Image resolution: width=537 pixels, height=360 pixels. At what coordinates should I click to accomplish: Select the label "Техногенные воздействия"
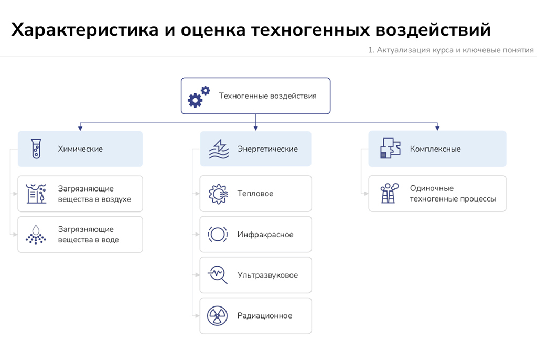point(267,96)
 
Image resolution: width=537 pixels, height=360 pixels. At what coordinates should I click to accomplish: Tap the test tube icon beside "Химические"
point(36,149)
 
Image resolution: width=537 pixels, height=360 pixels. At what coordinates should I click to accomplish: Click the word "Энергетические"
point(267,149)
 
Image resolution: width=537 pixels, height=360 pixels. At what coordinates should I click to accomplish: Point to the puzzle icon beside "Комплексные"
point(390,148)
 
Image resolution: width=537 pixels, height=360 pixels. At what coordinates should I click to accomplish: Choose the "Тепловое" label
point(255,193)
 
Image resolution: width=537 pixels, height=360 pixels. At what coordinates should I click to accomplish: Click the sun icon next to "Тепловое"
point(218,194)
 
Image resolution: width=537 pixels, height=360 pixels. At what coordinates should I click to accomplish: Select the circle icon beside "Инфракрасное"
point(218,234)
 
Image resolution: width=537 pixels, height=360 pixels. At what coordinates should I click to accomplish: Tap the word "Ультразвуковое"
point(267,275)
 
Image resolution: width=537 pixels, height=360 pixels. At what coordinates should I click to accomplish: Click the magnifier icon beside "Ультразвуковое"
point(218,275)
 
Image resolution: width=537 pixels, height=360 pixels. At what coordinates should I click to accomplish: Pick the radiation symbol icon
point(217,316)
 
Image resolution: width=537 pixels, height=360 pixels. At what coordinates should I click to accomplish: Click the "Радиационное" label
point(265,315)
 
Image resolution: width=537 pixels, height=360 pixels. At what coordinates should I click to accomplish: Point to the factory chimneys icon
point(390,193)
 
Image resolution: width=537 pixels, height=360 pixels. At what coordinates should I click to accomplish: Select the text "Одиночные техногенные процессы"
point(453,193)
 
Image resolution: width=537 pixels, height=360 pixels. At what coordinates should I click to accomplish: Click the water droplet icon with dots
point(36,235)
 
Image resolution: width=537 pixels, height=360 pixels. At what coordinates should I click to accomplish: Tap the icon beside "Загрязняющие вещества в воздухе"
point(36,194)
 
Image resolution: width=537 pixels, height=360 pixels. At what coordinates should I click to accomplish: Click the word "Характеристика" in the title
point(85,29)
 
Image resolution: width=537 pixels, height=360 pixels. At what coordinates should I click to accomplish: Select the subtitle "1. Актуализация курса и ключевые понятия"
point(450,50)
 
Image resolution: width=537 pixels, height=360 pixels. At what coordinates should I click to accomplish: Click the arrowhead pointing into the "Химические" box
point(80,128)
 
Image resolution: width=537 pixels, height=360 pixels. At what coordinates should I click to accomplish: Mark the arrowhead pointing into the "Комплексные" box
point(437,128)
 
